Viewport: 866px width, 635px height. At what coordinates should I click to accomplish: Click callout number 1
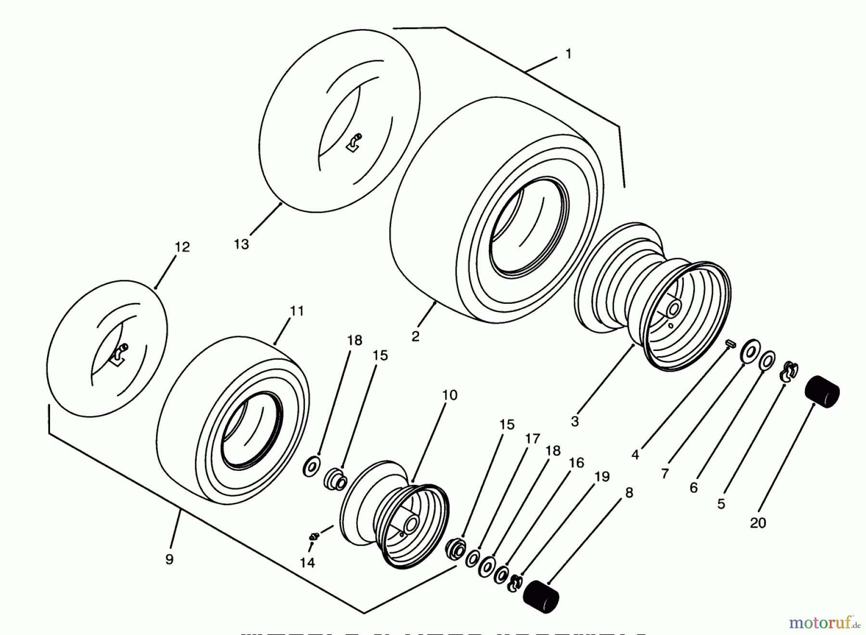[x=568, y=54]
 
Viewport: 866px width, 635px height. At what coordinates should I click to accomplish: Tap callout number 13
[x=241, y=245]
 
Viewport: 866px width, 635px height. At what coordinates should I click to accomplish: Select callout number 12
[x=182, y=247]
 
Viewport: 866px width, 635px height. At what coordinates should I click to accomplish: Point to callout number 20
[x=758, y=523]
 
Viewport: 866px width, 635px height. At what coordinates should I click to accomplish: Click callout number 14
[x=307, y=562]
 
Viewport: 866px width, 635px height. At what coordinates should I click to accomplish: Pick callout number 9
[x=169, y=560]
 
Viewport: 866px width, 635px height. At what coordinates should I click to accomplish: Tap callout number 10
[x=449, y=395]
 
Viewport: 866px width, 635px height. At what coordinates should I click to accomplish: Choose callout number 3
[x=574, y=422]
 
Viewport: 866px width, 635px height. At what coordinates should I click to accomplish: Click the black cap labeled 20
[x=822, y=391]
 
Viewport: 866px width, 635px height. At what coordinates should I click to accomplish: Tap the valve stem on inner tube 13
[x=355, y=142]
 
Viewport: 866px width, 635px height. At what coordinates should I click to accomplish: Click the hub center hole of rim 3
[x=674, y=309]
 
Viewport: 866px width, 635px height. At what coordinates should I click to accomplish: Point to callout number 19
[x=601, y=477]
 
